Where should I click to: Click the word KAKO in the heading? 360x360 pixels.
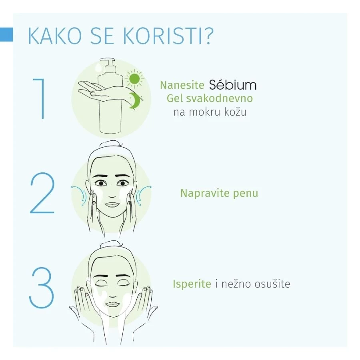coord(55,36)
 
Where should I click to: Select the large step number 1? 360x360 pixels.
coord(39,99)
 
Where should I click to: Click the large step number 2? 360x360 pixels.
coord(42,193)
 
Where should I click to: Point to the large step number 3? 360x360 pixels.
coord(42,287)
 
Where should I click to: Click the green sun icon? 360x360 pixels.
coord(134,79)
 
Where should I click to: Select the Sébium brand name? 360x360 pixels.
coord(232,85)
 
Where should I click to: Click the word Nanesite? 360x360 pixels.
coord(182,85)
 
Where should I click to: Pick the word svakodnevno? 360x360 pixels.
coord(219,98)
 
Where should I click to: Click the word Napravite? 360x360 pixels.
coord(204,193)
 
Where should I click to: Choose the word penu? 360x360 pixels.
coord(246,194)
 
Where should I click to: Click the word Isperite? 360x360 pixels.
coord(192,284)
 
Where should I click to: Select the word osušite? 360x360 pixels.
coord(272,284)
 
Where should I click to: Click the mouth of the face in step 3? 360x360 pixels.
coord(112,304)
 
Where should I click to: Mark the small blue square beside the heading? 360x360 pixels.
coord(6,35)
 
